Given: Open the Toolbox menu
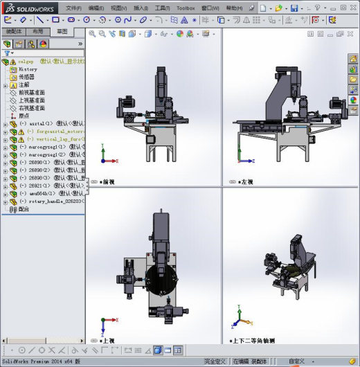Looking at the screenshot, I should [x=186, y=8].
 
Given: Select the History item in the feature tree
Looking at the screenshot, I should [x=28, y=69].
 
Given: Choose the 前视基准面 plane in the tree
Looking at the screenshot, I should [x=32, y=93].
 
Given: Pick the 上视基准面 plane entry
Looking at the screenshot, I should [x=32, y=100].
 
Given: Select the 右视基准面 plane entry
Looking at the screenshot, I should [x=32, y=108].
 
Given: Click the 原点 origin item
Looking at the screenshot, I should [x=24, y=116].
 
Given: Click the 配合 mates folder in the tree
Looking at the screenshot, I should [x=24, y=209].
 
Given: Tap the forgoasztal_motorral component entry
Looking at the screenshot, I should [x=55, y=132].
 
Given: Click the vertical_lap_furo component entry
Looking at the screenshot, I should [x=55, y=139].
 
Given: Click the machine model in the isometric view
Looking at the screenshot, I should [x=291, y=267].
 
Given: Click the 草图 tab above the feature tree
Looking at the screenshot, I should [x=62, y=32].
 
